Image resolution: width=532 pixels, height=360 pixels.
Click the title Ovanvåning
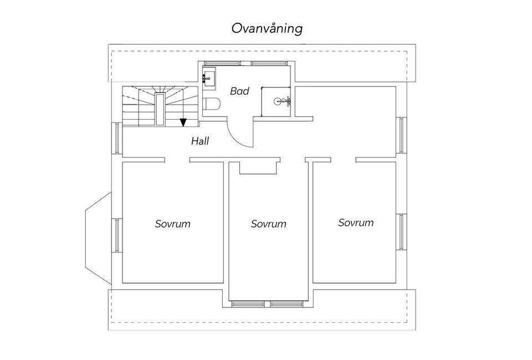click(x=267, y=28)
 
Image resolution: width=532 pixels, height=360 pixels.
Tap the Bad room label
click(x=239, y=91)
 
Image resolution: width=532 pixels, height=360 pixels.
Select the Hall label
click(x=200, y=141)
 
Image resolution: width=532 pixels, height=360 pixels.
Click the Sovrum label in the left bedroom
click(x=173, y=224)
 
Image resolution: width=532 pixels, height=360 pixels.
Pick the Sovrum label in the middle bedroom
click(x=268, y=224)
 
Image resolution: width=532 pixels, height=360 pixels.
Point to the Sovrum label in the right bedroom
click(x=356, y=223)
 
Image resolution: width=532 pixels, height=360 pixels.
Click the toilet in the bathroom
click(x=212, y=104)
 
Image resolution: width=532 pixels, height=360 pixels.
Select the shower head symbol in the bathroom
click(x=283, y=101)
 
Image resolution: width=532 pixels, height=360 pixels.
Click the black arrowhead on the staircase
click(x=183, y=122)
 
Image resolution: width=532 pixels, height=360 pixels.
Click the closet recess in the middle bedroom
click(x=260, y=168)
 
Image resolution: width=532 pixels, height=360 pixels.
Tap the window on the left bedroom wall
click(x=116, y=235)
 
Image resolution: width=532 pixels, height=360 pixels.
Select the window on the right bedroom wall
click(x=401, y=232)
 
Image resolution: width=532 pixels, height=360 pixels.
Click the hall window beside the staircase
click(x=116, y=138)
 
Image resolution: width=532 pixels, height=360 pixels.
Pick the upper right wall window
click(x=401, y=135)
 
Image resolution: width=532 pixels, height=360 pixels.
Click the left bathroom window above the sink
click(x=223, y=63)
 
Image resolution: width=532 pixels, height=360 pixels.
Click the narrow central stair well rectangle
click(x=160, y=110)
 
